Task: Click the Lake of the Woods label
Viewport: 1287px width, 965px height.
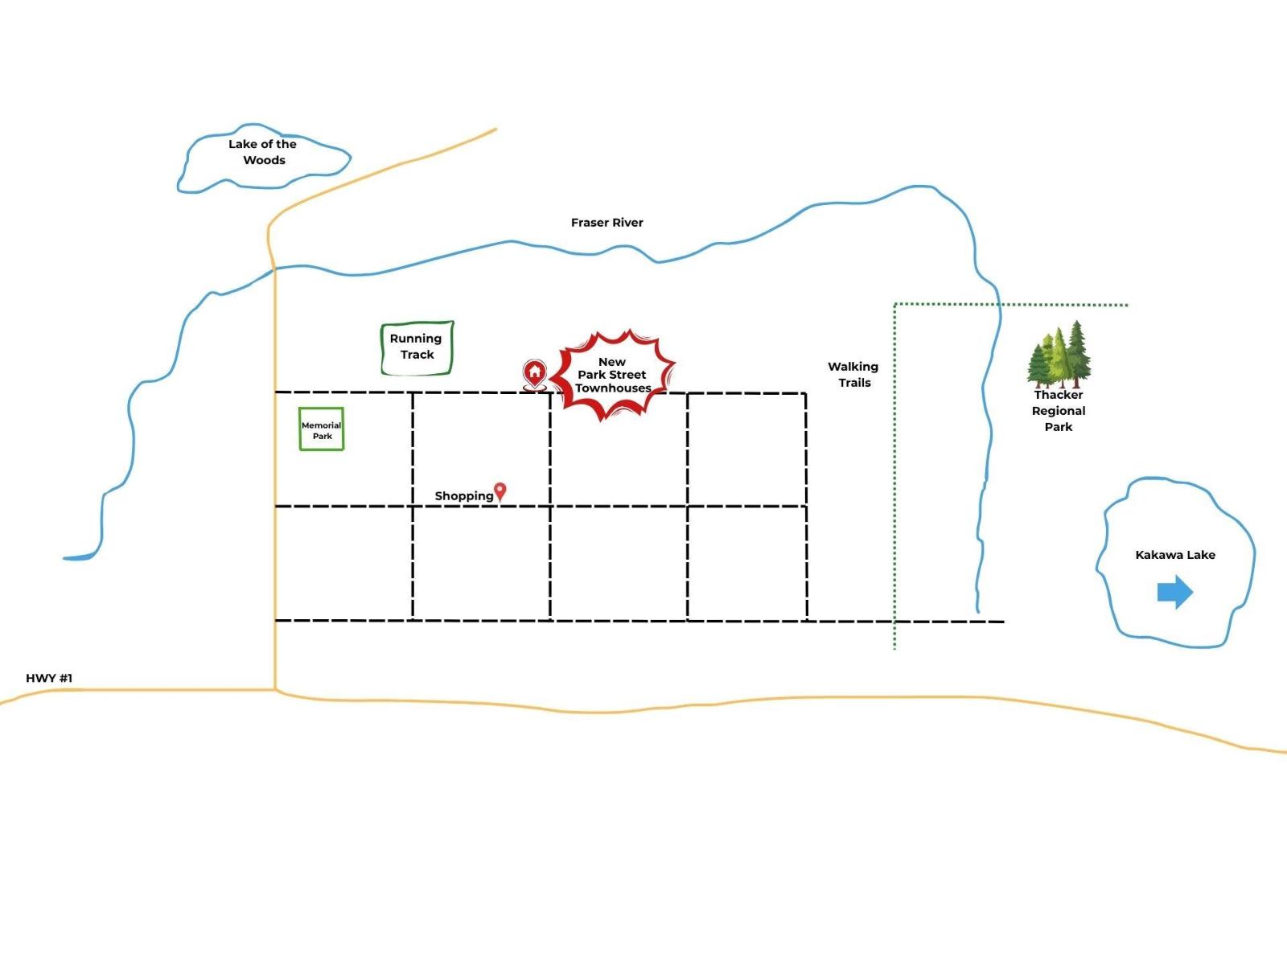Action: point(262,152)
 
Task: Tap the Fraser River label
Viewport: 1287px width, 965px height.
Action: point(606,223)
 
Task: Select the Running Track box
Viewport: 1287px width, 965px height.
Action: point(417,347)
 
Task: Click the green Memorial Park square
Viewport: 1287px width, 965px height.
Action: point(322,429)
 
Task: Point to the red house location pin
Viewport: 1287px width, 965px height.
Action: point(534,373)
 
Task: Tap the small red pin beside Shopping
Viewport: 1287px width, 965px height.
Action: point(500,491)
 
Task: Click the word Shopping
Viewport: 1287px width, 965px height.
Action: point(463,496)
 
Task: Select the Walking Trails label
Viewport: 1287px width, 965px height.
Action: point(853,375)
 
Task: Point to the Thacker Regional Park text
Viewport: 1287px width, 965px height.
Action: point(1059,411)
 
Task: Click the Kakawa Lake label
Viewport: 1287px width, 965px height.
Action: point(1175,555)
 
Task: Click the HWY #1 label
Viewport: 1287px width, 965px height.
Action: point(49,678)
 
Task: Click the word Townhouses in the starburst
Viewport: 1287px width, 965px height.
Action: point(613,388)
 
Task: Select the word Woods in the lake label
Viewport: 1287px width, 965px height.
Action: point(264,160)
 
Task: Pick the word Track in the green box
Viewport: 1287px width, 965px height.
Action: point(417,355)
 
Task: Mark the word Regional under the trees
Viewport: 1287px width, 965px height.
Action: point(1059,411)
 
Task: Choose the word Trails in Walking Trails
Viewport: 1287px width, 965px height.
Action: point(854,383)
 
